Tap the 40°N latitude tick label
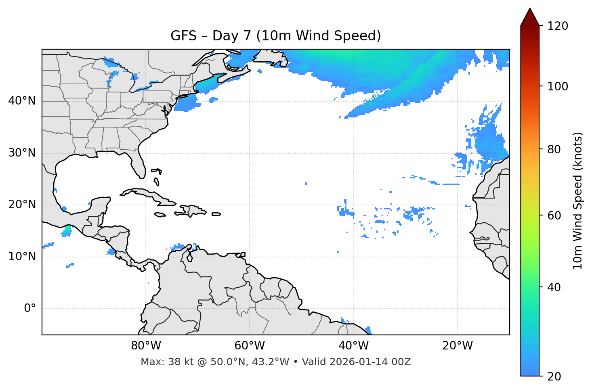tap(22, 101)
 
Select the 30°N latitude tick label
tap(22, 153)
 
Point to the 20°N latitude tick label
tap(22, 205)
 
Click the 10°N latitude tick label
tap(22, 257)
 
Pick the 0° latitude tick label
tap(30, 309)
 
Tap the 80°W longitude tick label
tap(146, 346)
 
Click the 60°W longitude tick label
tap(250, 346)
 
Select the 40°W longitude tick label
tap(353, 346)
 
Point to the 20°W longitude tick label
tap(457, 346)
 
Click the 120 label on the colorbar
tap(558, 26)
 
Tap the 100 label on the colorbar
tap(558, 86)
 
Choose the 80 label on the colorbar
tap(555, 149)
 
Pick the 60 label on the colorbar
tap(555, 215)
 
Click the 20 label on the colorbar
tap(555, 376)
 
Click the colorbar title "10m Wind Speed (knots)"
tap(578, 201)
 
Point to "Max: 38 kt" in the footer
tap(161, 362)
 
